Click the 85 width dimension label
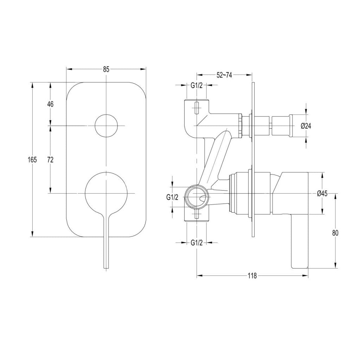pos(106,69)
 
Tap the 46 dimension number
pos(50,104)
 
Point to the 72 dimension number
pos(50,160)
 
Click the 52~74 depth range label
pos(224,75)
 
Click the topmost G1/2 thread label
pos(197,86)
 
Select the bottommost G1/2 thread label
pos(197,243)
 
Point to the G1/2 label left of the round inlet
pos(172,198)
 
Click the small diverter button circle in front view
pos(106,126)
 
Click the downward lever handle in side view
pos(299,246)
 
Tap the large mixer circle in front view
pos(106,193)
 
